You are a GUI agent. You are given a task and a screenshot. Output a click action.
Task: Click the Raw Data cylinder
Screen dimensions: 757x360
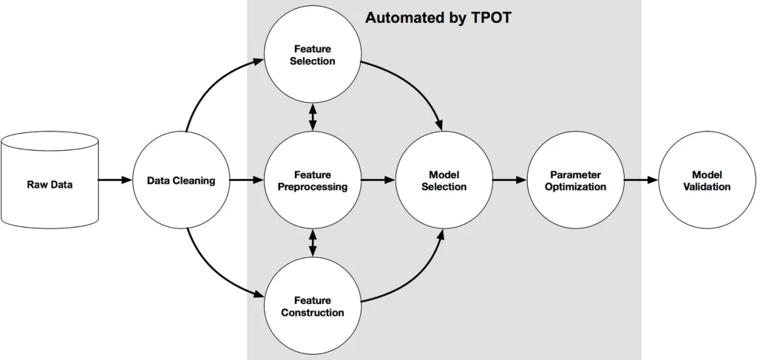click(x=50, y=180)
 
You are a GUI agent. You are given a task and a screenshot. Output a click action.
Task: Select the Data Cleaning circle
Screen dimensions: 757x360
click(x=181, y=180)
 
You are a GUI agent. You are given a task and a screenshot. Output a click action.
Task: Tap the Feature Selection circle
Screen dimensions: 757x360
click(x=313, y=54)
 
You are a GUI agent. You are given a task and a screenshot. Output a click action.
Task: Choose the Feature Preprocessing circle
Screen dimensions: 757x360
click(x=313, y=180)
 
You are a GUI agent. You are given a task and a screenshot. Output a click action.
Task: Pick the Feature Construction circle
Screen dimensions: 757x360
click(x=313, y=306)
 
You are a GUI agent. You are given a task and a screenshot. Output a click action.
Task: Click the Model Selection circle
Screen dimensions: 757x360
click(x=444, y=180)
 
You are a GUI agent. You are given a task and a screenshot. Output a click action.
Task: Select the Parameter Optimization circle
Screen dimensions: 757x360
click(x=575, y=180)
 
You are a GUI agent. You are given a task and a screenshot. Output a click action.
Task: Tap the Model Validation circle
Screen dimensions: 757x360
click(x=707, y=180)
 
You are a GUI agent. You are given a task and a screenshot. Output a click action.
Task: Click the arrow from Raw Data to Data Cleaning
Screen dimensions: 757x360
click(x=115, y=180)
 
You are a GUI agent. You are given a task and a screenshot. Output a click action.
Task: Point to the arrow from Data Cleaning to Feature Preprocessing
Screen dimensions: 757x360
click(x=247, y=180)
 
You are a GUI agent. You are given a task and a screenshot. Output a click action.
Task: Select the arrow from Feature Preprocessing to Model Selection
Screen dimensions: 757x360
click(x=378, y=180)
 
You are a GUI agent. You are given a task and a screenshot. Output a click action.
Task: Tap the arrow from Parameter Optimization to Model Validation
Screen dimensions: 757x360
click(x=641, y=180)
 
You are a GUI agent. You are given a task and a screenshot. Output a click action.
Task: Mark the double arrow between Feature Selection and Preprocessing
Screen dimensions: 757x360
click(x=313, y=118)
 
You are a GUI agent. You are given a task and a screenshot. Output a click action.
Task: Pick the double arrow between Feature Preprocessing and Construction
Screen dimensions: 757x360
click(x=313, y=242)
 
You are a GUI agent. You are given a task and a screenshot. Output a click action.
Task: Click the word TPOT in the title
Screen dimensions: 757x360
click(x=491, y=18)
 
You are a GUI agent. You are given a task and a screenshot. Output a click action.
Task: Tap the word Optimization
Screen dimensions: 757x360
click(x=575, y=187)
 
